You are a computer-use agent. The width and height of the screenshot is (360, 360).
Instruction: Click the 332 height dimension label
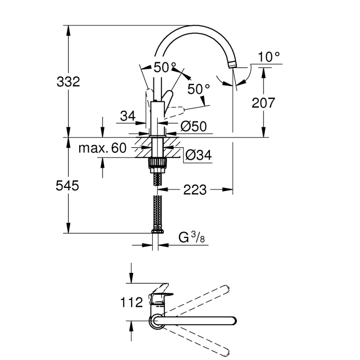pos(68,82)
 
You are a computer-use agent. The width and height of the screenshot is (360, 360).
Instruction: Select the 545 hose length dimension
pos(67,186)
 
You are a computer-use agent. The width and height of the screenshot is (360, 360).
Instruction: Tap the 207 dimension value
pos(263,102)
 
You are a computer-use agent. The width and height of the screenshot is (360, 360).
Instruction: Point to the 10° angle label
pos(268,57)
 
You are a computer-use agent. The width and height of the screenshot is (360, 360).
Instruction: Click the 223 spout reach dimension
pos(195,190)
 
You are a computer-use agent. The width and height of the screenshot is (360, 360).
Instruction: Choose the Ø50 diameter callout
pos(193,126)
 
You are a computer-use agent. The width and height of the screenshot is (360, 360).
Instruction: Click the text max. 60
pos(102,148)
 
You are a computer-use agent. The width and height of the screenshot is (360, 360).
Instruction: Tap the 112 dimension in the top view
pos(131,302)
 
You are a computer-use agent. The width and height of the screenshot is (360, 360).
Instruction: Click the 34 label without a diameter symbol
pos(128,117)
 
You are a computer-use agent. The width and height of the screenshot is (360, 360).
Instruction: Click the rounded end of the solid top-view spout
pos(233,320)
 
